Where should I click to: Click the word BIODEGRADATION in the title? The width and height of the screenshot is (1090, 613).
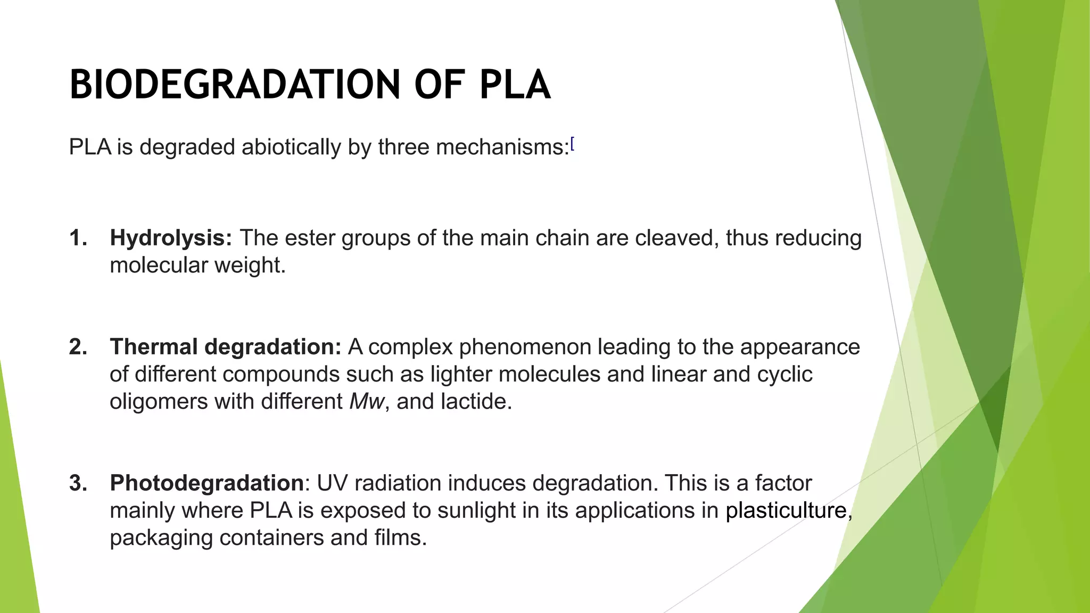click(234, 85)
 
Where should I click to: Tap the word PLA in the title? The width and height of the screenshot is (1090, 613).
click(515, 85)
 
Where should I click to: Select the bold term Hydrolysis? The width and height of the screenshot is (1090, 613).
click(170, 238)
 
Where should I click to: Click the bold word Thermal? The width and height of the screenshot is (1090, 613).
click(154, 347)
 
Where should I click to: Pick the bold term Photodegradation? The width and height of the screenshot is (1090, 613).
click(207, 483)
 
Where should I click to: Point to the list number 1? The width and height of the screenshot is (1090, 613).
click(78, 238)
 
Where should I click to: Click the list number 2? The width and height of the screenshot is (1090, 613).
click(78, 347)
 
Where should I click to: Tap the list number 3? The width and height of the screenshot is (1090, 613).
click(78, 483)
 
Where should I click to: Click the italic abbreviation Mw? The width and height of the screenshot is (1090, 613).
click(366, 402)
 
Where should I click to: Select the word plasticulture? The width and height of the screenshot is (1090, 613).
click(786, 510)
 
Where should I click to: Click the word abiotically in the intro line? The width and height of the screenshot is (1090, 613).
click(291, 147)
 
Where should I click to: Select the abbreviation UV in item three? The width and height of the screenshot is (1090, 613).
click(330, 483)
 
